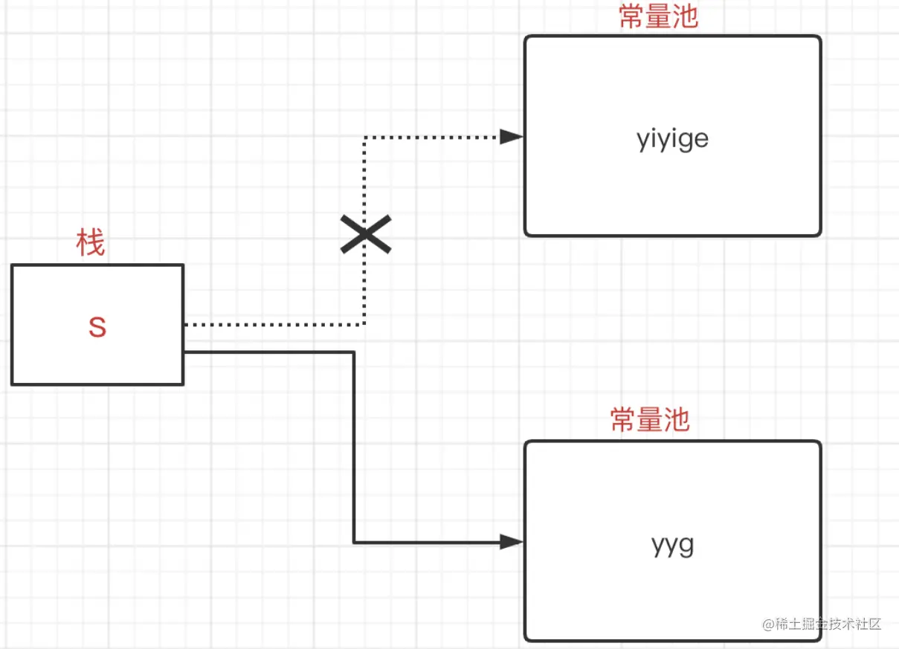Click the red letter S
tap(97, 327)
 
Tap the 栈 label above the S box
tap(91, 243)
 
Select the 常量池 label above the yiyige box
tap(659, 16)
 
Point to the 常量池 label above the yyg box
tap(650, 420)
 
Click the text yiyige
tap(672, 139)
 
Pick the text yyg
tap(672, 545)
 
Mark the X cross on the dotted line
tap(365, 235)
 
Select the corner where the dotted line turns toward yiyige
tap(365, 138)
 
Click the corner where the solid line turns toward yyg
tap(354, 543)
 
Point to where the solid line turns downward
tap(354, 352)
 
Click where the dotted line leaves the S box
tap(186, 325)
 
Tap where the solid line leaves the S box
tap(186, 352)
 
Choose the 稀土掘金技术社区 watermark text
tap(828, 624)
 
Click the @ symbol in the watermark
tap(769, 624)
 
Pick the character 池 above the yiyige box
tap(686, 16)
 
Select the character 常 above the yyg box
tap(623, 420)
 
